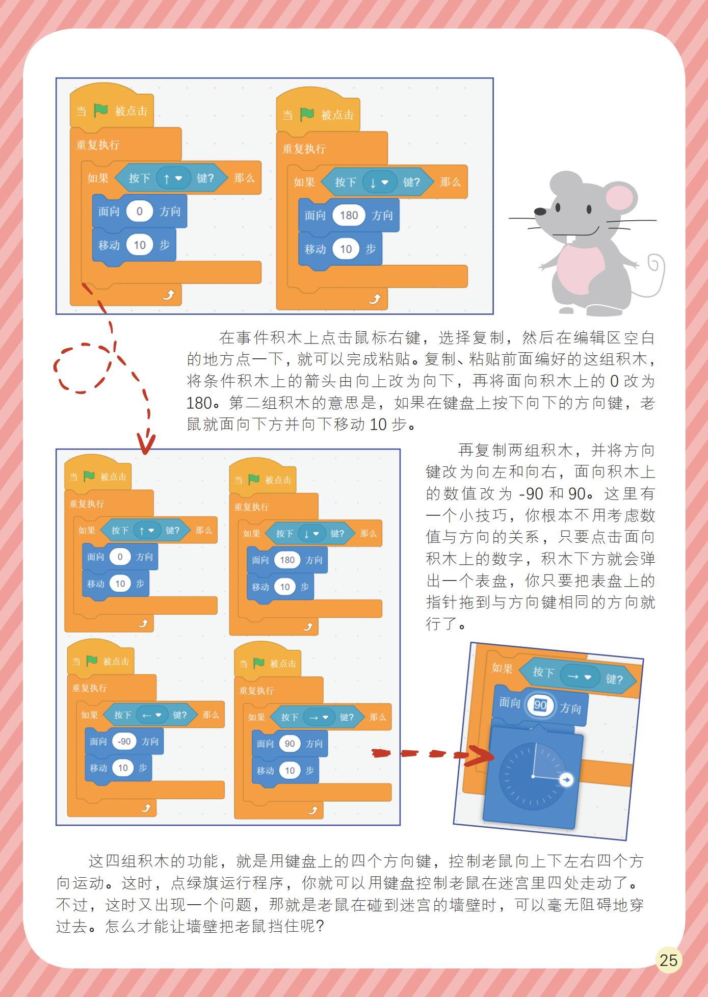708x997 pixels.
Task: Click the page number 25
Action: pyautogui.click(x=668, y=960)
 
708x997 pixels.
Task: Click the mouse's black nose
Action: pyautogui.click(x=539, y=211)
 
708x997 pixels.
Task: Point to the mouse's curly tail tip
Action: pyautogui.click(x=654, y=264)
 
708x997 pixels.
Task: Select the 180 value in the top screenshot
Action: pyautogui.click(x=349, y=215)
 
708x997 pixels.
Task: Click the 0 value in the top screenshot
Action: pyautogui.click(x=139, y=211)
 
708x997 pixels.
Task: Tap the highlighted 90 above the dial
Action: pyautogui.click(x=540, y=705)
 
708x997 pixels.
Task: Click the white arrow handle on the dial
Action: pyautogui.click(x=566, y=779)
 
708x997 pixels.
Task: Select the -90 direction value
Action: pyautogui.click(x=124, y=741)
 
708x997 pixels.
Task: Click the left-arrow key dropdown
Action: pyautogui.click(x=152, y=715)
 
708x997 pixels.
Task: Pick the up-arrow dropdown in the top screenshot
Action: pyautogui.click(x=173, y=178)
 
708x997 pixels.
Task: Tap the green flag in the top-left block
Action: pyautogui.click(x=100, y=110)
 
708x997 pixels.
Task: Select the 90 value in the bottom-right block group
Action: pyautogui.click(x=290, y=744)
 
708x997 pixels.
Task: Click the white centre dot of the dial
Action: pyautogui.click(x=533, y=776)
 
